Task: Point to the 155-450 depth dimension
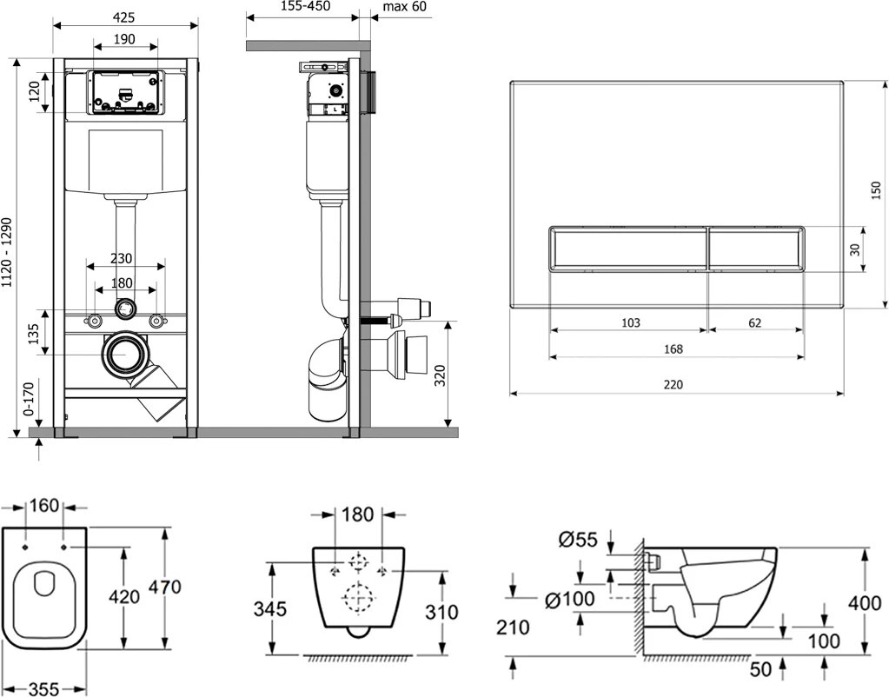pyautogui.click(x=302, y=6)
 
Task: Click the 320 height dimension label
pyautogui.click(x=440, y=375)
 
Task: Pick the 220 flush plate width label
pyautogui.click(x=673, y=384)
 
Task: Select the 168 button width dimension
pyautogui.click(x=673, y=348)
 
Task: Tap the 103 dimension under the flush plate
pyautogui.click(x=631, y=322)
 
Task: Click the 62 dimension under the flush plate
pyautogui.click(x=754, y=322)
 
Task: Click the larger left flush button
pyautogui.click(x=628, y=248)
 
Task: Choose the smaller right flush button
pyautogui.click(x=755, y=248)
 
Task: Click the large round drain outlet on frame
pyautogui.click(x=127, y=355)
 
